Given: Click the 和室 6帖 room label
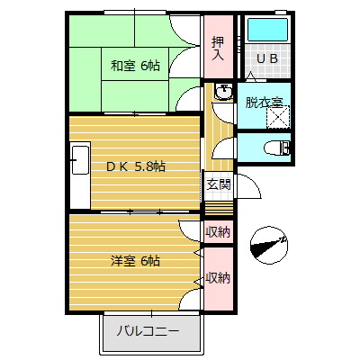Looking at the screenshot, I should [136, 65].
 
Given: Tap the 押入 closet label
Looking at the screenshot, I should [218, 48].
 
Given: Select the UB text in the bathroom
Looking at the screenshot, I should [267, 58].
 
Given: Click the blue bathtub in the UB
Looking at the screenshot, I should [267, 30].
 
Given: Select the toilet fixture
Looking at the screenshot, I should [279, 147].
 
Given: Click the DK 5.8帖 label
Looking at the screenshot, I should [136, 166].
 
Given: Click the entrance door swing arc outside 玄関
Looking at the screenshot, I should [251, 187].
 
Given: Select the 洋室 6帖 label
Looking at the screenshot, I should [135, 261].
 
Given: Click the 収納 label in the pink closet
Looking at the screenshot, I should [217, 278].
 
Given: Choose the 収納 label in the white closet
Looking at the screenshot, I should [217, 232].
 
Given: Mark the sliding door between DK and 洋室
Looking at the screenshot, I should [135, 212].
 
